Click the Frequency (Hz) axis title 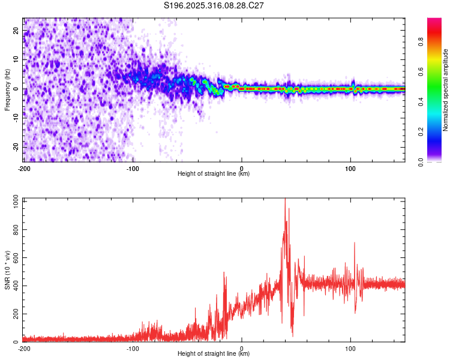pos(7,89)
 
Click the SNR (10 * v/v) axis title pos(7,270)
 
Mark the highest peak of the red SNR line pos(285,199)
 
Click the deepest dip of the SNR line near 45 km pos(292,336)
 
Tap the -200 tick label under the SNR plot pos(24,349)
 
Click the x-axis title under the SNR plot pos(214,354)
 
